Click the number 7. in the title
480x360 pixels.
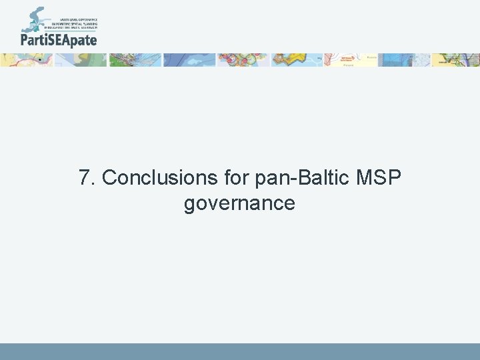87,178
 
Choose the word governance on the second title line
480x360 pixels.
239,203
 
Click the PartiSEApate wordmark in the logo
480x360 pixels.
59,40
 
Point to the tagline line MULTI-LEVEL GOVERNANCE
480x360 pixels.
79,19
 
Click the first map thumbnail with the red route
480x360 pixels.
27,60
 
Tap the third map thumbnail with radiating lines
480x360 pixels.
135,60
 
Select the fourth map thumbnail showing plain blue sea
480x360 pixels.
189,60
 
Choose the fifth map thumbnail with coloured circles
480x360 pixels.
243,60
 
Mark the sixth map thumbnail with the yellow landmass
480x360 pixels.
296,60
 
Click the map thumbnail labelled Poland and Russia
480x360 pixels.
350,60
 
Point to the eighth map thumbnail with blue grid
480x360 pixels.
404,60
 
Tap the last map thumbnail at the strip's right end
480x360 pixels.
456,60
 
